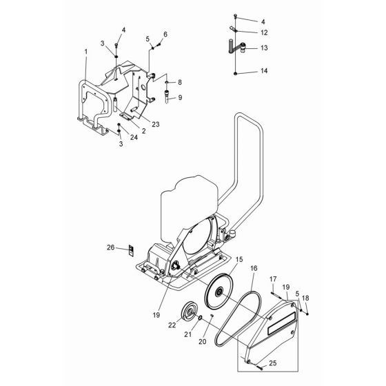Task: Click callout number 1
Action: (x=86, y=52)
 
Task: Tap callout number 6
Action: (x=165, y=34)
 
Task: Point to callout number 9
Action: (x=181, y=97)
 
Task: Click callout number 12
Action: (x=265, y=32)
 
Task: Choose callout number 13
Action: (x=265, y=48)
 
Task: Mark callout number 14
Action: (x=265, y=72)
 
